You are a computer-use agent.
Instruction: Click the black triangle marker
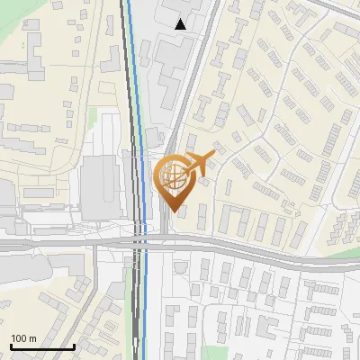click(x=181, y=24)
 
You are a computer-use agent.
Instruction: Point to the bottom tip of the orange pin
click(x=172, y=211)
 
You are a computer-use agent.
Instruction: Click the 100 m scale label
click(x=23, y=338)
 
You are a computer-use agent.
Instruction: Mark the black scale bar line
click(x=41, y=346)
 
